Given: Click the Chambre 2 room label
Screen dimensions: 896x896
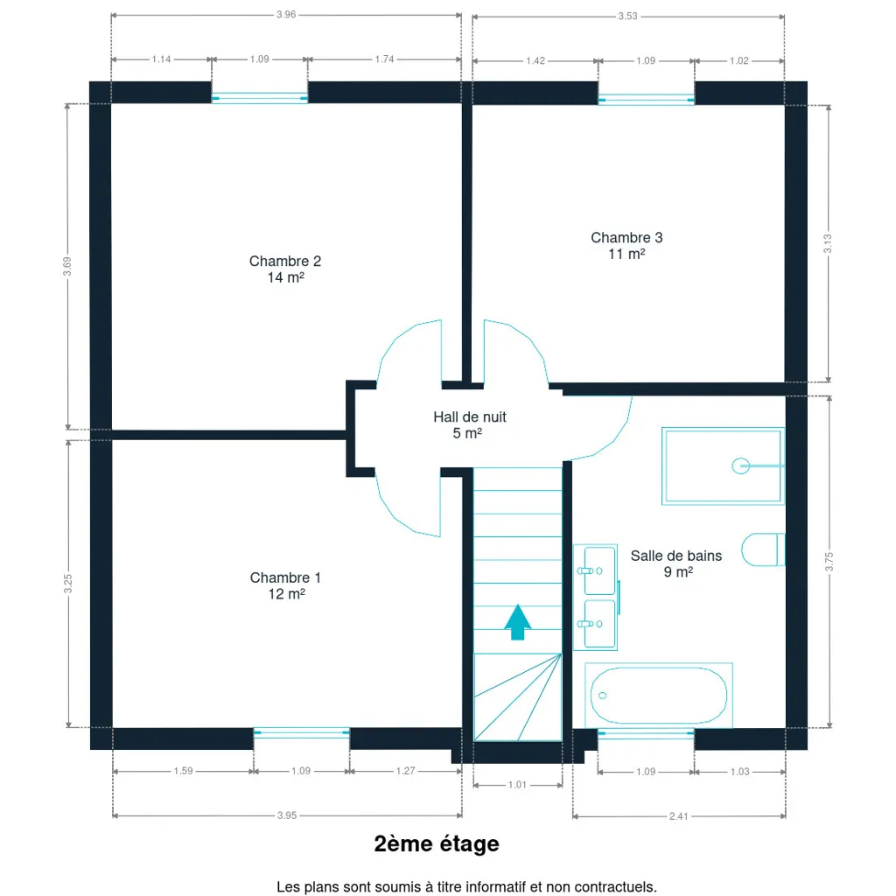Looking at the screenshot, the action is [x=285, y=269].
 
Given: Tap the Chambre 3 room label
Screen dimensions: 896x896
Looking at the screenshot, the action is [x=626, y=246].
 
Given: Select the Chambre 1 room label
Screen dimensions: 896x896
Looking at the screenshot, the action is [x=286, y=585].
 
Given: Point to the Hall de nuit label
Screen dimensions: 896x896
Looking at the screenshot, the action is [x=469, y=425].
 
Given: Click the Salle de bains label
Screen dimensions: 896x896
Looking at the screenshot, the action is [x=676, y=564].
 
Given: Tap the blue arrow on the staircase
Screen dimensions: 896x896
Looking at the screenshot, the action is [x=518, y=622].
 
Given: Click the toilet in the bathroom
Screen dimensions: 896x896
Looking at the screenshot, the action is [x=763, y=549].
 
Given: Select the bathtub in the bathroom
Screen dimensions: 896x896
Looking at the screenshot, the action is [x=658, y=696].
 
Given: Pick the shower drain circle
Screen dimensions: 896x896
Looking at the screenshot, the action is [x=740, y=466].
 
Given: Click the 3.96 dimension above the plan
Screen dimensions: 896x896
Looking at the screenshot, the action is [x=286, y=15].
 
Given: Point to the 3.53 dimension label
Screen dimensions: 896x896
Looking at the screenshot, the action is [x=627, y=16].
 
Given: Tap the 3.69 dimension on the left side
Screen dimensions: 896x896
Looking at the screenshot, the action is [x=67, y=266].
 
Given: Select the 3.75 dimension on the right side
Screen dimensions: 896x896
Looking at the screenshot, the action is [x=829, y=562].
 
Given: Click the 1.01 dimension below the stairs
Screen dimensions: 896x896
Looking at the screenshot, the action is [x=517, y=785].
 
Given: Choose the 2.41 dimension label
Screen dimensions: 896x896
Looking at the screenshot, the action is [x=679, y=816].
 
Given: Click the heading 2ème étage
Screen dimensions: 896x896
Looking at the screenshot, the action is [x=437, y=844].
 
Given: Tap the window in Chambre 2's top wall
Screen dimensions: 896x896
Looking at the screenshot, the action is [x=259, y=98].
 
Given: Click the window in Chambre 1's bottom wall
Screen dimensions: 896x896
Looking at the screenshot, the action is [x=301, y=732].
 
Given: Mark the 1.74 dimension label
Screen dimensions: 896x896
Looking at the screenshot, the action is [x=385, y=59].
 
